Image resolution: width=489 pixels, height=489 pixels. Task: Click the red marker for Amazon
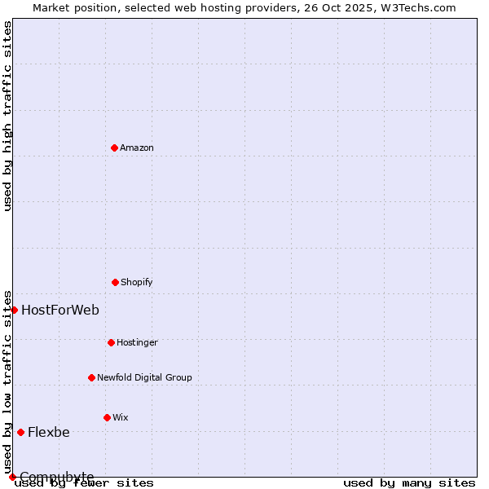click(x=114, y=148)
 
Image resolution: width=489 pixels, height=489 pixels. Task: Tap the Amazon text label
click(x=137, y=148)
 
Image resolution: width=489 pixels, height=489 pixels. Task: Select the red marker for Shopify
click(x=115, y=282)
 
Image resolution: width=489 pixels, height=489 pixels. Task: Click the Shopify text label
click(x=137, y=283)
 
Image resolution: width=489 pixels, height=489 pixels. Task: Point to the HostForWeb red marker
click(x=14, y=310)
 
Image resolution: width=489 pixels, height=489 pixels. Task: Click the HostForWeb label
click(x=60, y=310)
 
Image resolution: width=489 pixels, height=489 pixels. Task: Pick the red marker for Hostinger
click(x=111, y=342)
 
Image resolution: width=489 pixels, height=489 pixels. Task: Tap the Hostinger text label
click(x=137, y=343)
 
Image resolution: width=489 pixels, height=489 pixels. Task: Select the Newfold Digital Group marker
click(x=91, y=377)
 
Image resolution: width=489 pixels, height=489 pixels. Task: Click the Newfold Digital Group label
click(x=144, y=378)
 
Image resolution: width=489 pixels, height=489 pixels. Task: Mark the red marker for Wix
click(x=107, y=417)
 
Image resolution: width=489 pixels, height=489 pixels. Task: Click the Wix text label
click(x=121, y=418)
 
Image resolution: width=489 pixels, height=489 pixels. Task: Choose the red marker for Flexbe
click(x=20, y=432)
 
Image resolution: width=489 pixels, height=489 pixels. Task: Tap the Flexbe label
click(x=49, y=432)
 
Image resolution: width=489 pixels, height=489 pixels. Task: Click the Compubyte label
click(x=57, y=477)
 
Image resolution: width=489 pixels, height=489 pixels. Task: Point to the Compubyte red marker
click(x=12, y=477)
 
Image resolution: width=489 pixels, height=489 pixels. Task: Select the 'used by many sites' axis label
click(x=409, y=483)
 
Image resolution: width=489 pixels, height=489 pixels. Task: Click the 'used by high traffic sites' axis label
click(x=8, y=116)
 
